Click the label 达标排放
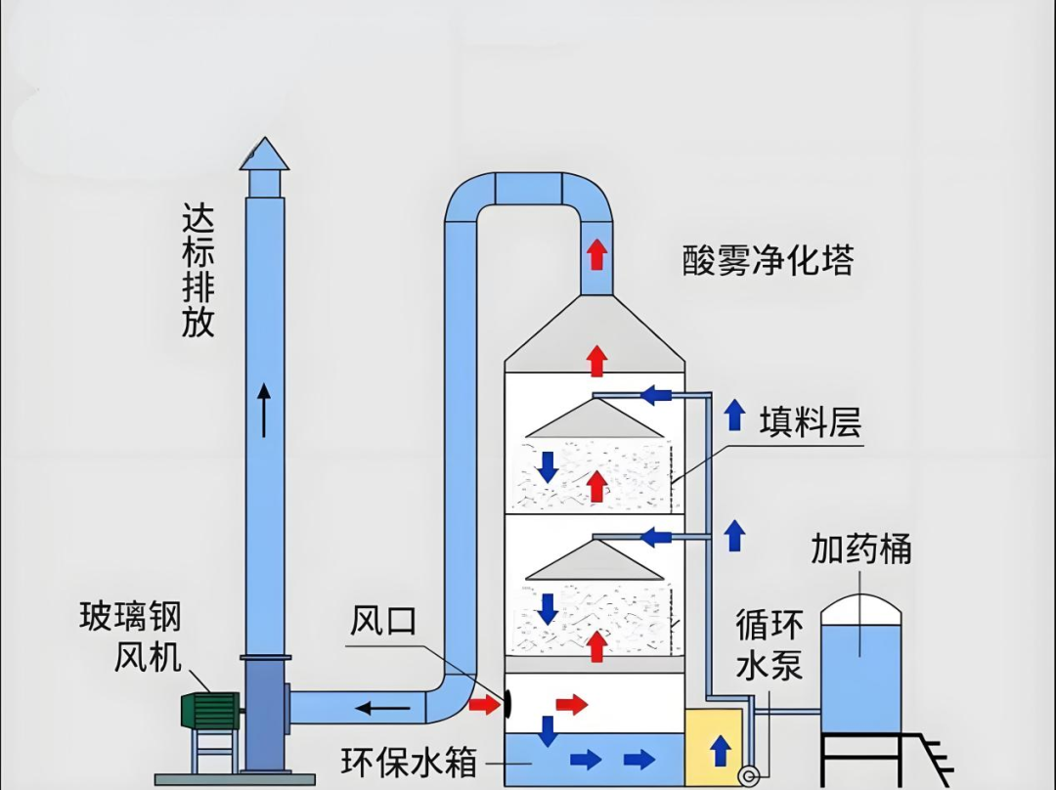198,270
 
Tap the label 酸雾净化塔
768,260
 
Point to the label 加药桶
860,549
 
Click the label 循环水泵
770,644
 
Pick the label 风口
383,620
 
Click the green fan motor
210,710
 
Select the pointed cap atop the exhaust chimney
264,154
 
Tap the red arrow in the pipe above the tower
596,254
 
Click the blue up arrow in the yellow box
721,751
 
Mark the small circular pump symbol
750,776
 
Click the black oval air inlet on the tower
508,703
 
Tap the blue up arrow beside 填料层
734,416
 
